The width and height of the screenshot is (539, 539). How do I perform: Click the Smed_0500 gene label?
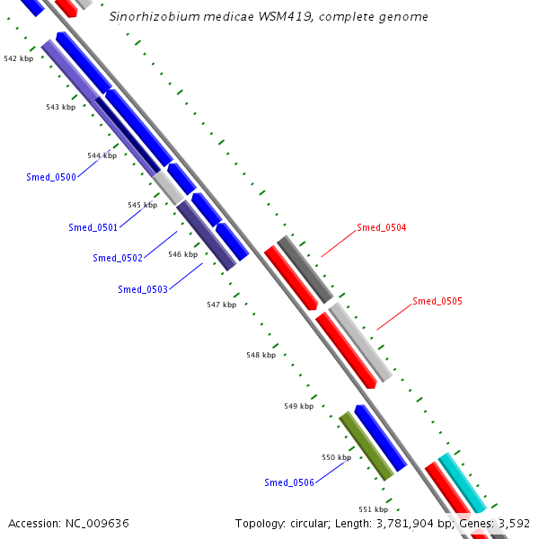(51, 177)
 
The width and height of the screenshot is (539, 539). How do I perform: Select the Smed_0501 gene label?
(93, 227)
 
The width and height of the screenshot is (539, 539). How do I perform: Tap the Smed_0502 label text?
(117, 259)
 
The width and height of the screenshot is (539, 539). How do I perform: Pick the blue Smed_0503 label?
(142, 289)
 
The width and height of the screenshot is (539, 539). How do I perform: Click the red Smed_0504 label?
(381, 228)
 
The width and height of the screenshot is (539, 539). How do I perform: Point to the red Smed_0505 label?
(437, 302)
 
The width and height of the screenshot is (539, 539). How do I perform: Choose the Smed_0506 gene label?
(288, 483)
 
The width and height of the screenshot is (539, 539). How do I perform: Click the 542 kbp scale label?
(18, 58)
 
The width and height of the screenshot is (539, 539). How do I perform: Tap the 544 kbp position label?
(102, 155)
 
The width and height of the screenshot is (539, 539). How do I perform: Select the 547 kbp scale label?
(221, 305)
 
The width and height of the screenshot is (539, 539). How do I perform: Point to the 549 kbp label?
(298, 407)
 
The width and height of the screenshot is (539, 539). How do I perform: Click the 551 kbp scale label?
(373, 509)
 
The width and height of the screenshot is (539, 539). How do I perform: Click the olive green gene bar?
(367, 446)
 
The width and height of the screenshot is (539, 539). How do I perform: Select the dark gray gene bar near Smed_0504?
(305, 269)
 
